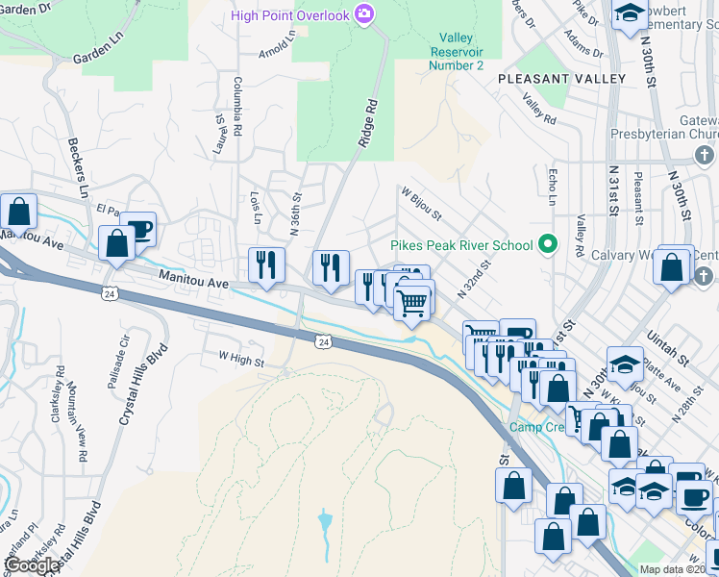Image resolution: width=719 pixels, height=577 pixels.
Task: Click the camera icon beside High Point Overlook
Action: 364,13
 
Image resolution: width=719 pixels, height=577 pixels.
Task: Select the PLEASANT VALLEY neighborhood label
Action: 548,78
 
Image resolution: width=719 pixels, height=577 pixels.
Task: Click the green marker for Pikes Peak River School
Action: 548,244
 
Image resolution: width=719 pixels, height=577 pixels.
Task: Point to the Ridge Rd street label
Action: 366,125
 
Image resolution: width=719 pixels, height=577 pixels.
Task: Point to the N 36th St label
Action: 296,214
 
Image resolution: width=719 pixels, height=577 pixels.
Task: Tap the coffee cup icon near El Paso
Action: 138,230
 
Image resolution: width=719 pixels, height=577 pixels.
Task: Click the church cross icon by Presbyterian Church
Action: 704,155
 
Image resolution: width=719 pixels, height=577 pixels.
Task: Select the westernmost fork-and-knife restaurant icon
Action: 264,264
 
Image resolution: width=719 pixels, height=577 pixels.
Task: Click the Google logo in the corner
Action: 32,565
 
